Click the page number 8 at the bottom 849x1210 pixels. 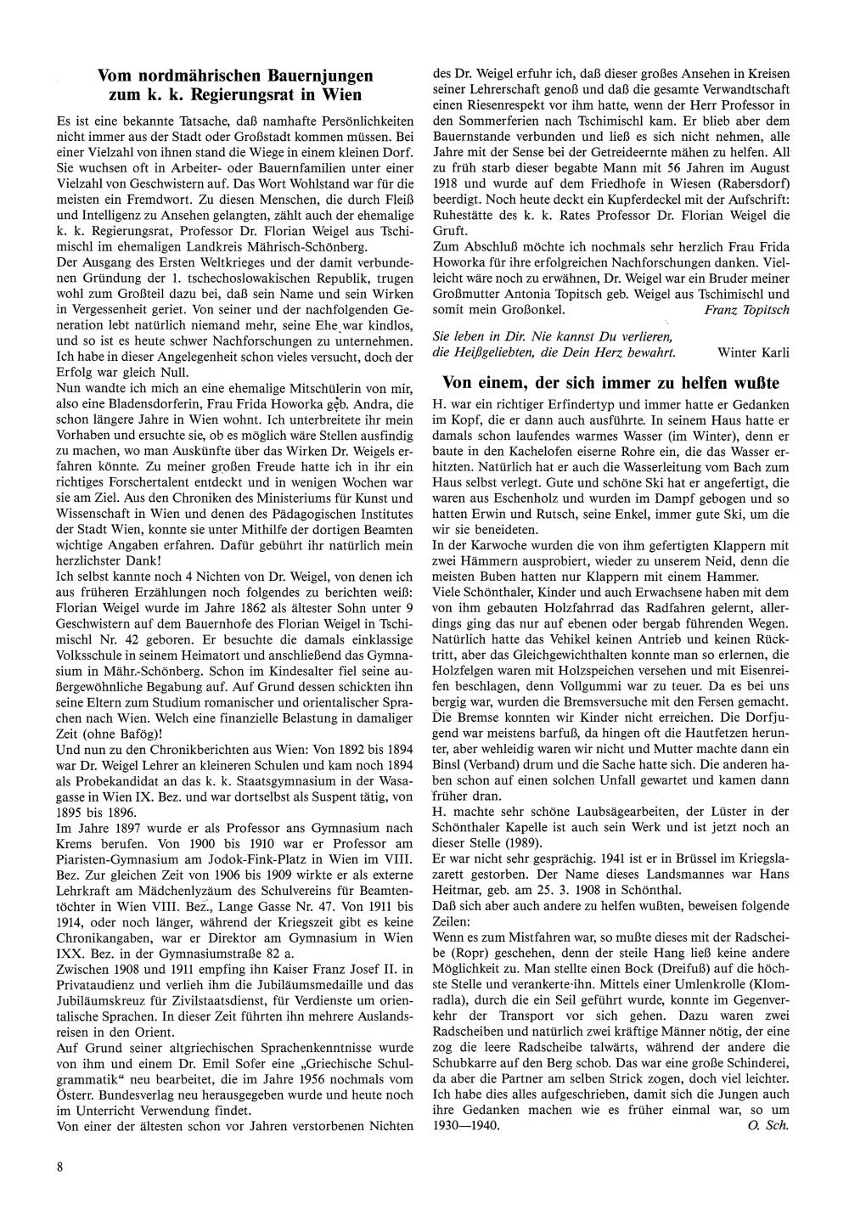pos(60,1166)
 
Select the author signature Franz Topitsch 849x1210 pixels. pos(747,311)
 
